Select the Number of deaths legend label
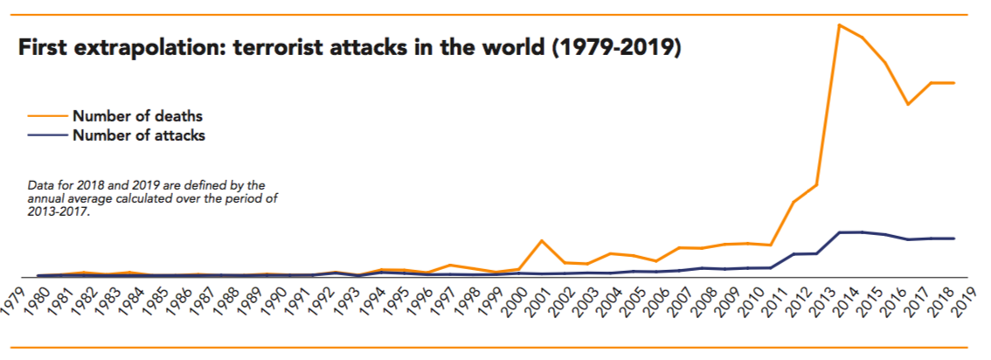137,115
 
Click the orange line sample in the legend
48,114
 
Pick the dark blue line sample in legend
48,135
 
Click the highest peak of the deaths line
839,24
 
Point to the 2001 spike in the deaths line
543,240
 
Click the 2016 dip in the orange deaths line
908,104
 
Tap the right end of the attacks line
953,238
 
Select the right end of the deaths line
953,83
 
